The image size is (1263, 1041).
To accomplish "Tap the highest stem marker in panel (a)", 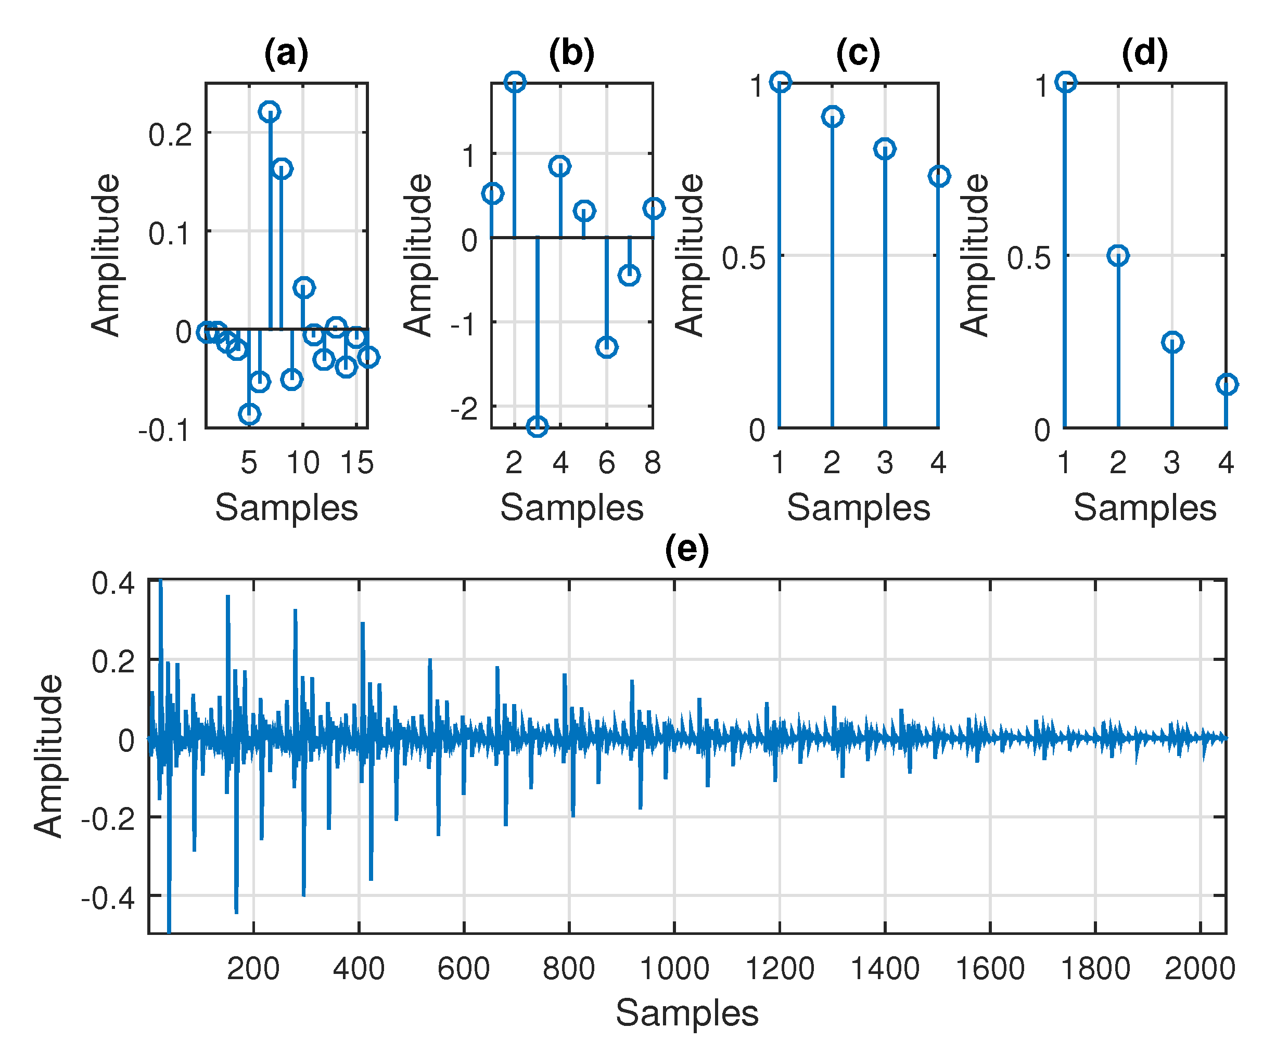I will click(x=270, y=111).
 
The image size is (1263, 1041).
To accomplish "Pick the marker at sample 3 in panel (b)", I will click(x=537, y=426).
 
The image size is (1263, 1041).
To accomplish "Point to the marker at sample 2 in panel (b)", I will click(x=515, y=82).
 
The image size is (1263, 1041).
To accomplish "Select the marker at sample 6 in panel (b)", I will click(x=607, y=347).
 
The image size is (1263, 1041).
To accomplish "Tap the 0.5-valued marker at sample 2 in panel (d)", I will click(x=1118, y=256).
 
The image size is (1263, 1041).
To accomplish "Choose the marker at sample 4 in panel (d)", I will click(x=1227, y=384).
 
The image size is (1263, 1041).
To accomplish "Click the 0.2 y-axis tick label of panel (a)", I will click(x=170, y=134).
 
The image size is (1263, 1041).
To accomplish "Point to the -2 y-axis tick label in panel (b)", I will click(x=464, y=409).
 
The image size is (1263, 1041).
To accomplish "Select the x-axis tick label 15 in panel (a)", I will click(x=357, y=463).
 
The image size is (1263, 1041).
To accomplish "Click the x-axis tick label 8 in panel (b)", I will click(x=652, y=463).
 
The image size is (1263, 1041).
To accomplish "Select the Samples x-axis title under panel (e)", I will click(x=686, y=1013).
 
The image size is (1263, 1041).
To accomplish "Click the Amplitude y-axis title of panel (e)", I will click(x=48, y=756).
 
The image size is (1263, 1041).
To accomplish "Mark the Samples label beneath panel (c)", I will click(x=858, y=508).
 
